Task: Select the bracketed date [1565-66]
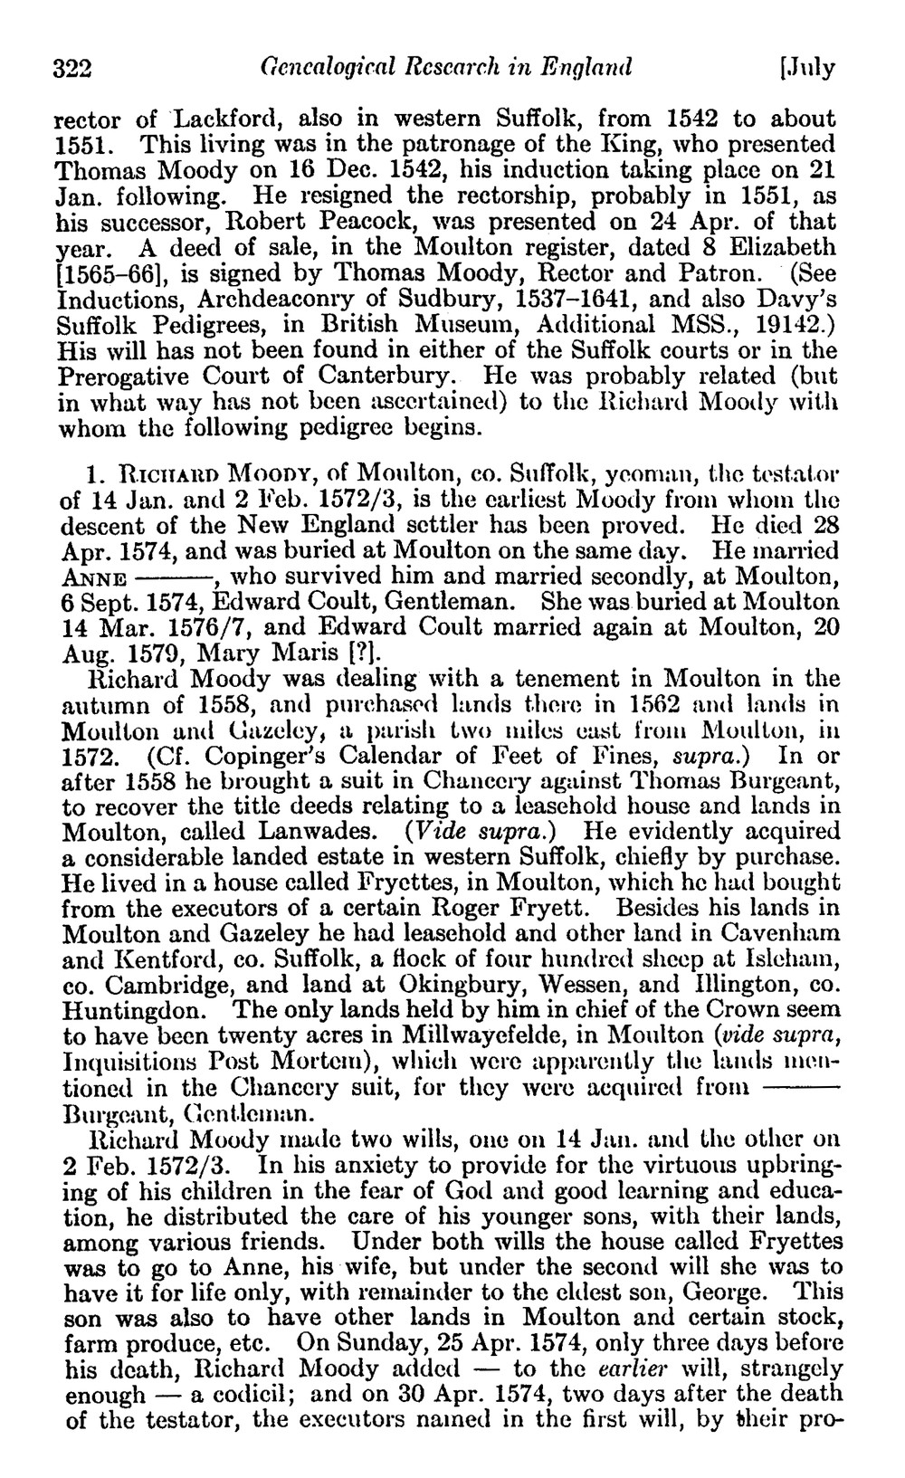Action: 105,272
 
